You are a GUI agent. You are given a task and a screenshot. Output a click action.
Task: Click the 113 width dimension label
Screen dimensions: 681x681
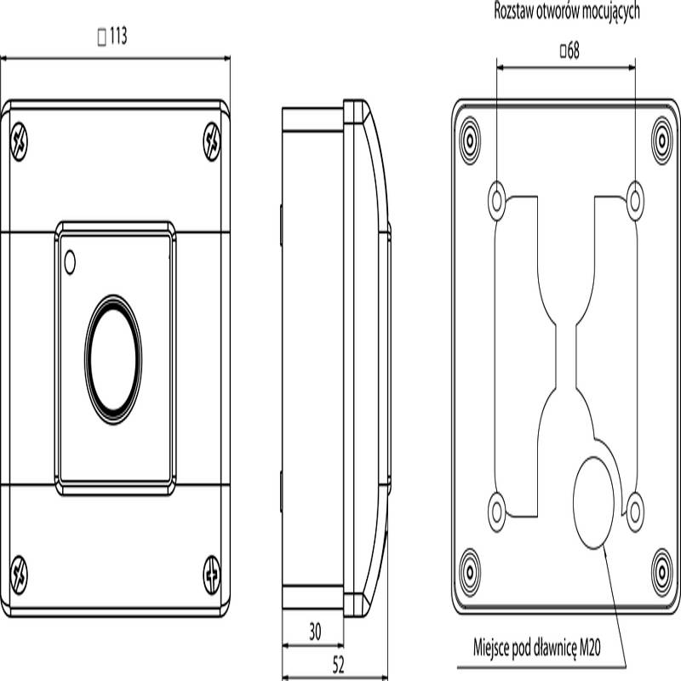click(x=118, y=36)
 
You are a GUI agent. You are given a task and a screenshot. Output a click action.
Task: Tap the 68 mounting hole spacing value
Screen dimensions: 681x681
click(x=573, y=51)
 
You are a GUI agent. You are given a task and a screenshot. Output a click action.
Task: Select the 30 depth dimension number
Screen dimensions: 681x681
click(x=315, y=632)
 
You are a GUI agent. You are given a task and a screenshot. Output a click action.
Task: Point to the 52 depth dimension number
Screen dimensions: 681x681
click(x=338, y=665)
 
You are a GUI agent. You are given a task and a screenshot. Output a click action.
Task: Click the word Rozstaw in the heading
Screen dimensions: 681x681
click(x=513, y=11)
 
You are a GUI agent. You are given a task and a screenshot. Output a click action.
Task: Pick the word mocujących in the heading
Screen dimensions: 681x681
click(x=610, y=12)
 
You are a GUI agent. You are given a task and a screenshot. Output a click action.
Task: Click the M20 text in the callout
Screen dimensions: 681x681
click(x=590, y=648)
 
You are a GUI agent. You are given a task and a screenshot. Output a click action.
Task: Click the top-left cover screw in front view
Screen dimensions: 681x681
click(x=19, y=141)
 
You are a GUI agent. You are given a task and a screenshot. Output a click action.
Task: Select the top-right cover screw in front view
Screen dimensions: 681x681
click(x=212, y=141)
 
